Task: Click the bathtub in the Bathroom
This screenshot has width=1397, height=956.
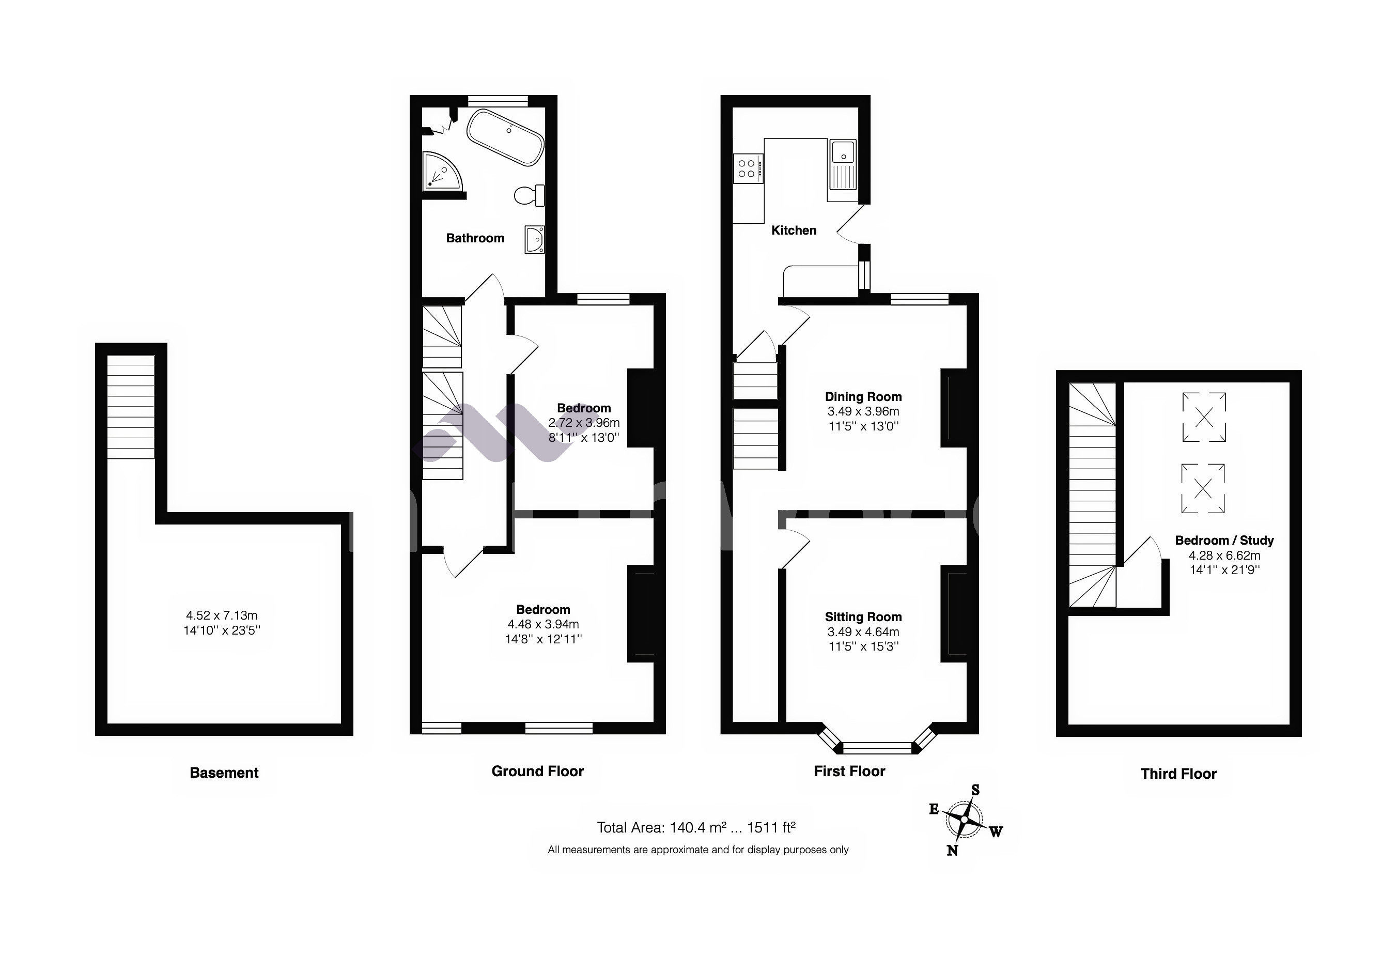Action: [x=506, y=136]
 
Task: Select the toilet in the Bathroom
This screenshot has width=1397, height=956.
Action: [x=530, y=195]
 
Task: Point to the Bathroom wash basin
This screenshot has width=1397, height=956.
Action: [x=534, y=239]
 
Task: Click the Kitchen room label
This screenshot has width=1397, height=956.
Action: [x=794, y=230]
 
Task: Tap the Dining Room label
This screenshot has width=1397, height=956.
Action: [x=863, y=397]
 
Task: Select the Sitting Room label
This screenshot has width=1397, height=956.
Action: [x=863, y=617]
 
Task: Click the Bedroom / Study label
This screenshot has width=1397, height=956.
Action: [x=1224, y=541]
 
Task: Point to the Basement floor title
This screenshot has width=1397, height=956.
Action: [x=224, y=773]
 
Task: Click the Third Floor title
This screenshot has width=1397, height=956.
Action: [x=1178, y=774]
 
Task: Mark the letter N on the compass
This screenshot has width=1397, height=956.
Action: [x=952, y=850]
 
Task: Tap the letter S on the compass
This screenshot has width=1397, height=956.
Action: [x=975, y=790]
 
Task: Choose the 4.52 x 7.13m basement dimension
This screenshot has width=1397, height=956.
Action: [x=221, y=615]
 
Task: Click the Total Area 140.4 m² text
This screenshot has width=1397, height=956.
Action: [x=695, y=828]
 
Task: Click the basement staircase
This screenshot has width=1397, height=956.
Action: [x=130, y=407]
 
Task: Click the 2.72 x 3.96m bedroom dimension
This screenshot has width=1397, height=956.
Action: [x=584, y=423]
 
